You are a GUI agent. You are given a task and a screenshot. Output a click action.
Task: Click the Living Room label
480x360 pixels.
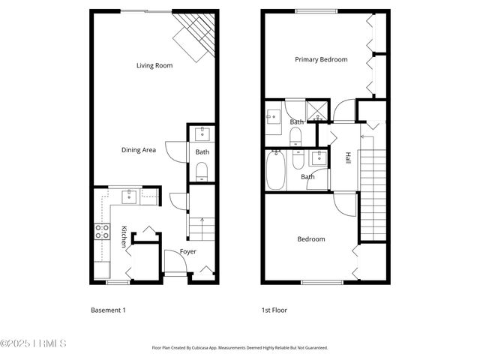(x=154, y=66)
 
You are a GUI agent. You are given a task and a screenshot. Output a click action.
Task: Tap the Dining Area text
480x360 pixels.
(x=139, y=150)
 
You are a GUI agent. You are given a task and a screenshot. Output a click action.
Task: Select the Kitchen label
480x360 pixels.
(x=124, y=238)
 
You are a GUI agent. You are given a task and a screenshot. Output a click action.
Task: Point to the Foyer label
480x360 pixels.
(x=188, y=251)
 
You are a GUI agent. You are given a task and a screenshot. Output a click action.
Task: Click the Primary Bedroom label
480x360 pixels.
(x=321, y=59)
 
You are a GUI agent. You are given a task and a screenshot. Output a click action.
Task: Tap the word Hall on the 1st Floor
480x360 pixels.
(x=348, y=158)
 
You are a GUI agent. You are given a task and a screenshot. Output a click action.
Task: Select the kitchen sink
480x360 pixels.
(x=128, y=196)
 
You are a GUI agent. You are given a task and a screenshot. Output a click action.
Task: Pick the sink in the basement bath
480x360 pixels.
(x=202, y=135)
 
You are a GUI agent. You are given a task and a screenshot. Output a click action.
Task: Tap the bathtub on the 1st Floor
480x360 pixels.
(x=275, y=171)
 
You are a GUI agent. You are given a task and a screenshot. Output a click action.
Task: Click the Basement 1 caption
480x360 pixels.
(x=108, y=310)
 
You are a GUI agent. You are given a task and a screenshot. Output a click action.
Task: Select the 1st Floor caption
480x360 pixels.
(x=274, y=310)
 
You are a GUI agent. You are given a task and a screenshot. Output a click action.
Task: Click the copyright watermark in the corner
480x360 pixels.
(x=34, y=344)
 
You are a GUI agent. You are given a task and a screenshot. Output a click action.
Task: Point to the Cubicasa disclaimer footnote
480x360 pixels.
(x=240, y=348)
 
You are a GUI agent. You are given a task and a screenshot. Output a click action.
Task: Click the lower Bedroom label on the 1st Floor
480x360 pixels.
(x=311, y=239)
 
